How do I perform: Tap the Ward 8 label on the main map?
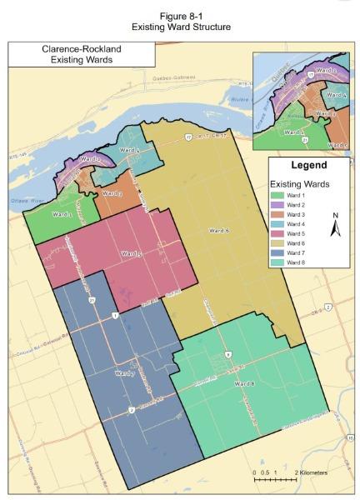pyautogui.click(x=243, y=382)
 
